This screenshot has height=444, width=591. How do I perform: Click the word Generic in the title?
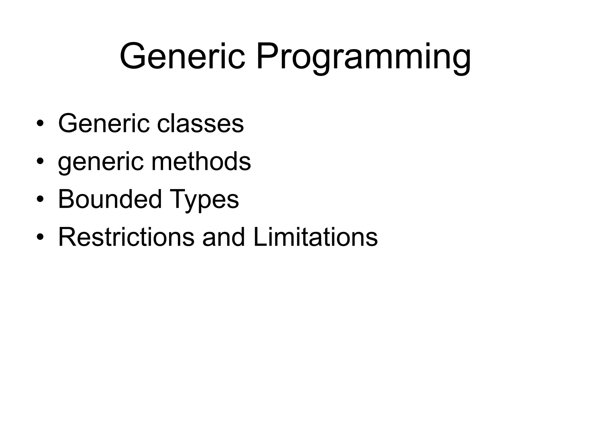click(x=182, y=56)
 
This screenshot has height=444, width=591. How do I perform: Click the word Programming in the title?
click(x=363, y=58)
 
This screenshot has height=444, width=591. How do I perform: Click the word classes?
click(x=200, y=124)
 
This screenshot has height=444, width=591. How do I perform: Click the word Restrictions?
click(x=126, y=237)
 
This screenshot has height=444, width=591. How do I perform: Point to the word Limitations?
click(x=315, y=237)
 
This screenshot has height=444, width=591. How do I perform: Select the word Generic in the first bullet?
click(x=104, y=124)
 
